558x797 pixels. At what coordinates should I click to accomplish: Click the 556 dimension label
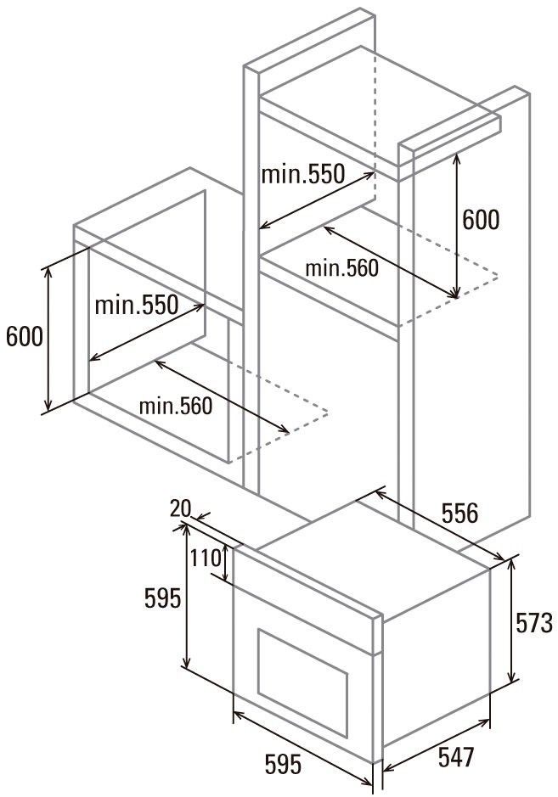click(x=459, y=513)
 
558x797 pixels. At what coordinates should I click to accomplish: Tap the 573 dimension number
click(x=533, y=623)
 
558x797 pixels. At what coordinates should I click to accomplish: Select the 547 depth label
click(x=456, y=757)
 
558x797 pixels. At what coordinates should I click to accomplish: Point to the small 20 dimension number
click(x=180, y=508)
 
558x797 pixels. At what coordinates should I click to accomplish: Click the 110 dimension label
click(x=206, y=558)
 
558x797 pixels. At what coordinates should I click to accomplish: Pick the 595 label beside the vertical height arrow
click(x=162, y=598)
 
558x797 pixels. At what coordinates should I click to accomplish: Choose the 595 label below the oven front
click(x=283, y=764)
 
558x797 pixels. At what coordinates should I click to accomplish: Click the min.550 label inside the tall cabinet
click(x=302, y=174)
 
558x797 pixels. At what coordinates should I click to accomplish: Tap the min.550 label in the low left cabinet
click(x=137, y=305)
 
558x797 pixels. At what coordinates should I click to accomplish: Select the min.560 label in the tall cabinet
click(x=341, y=268)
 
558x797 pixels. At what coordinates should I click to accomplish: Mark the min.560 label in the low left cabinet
click(x=176, y=406)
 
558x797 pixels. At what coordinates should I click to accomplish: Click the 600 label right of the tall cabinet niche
click(x=481, y=219)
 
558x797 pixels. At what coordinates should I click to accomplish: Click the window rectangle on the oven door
click(x=302, y=683)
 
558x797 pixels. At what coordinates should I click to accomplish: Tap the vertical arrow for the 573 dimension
click(x=513, y=620)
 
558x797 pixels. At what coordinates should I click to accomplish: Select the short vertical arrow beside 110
click(x=225, y=564)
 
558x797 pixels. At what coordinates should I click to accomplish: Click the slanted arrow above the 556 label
click(x=441, y=525)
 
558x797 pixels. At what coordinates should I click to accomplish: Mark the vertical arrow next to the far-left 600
click(x=48, y=339)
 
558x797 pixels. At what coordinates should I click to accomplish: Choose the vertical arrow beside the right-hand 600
click(x=456, y=226)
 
